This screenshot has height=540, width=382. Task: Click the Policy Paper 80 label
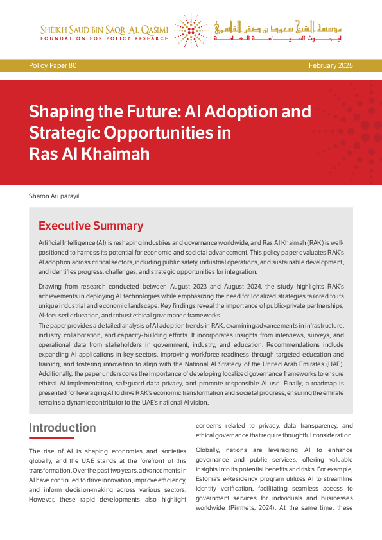coord(53,65)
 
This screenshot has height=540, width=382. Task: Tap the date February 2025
coord(330,65)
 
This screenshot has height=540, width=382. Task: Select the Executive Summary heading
coord(91,226)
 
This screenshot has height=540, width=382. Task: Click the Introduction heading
coord(62,428)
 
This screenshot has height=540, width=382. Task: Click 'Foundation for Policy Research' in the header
coord(105,38)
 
